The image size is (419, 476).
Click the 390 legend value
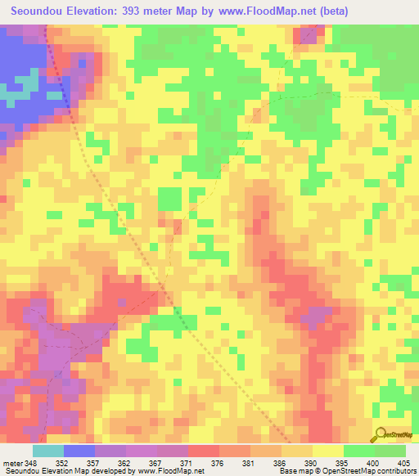(313, 464)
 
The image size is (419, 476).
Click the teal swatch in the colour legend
(48, 451)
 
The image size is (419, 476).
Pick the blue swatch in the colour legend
(79, 451)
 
